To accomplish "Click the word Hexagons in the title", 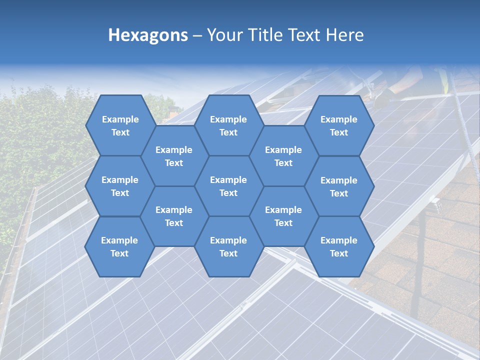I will (x=148, y=35).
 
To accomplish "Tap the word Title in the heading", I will (x=266, y=35).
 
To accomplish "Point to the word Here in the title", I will (x=344, y=35).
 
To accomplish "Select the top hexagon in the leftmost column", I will (x=120, y=125).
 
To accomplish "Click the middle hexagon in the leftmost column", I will (x=120, y=186).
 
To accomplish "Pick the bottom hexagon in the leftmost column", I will (x=119, y=246).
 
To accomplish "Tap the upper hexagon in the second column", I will (x=173, y=156).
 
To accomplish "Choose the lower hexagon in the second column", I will (x=173, y=216).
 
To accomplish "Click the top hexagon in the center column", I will (x=228, y=125).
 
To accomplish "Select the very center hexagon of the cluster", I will (x=228, y=186).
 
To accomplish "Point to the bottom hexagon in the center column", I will (x=228, y=246).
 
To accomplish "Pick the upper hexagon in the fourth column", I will (x=283, y=156).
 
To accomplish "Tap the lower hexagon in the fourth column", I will (x=283, y=216).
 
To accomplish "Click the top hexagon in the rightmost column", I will (x=339, y=125).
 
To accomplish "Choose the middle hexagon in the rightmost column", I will (x=339, y=186).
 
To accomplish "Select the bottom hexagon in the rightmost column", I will (x=339, y=246).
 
